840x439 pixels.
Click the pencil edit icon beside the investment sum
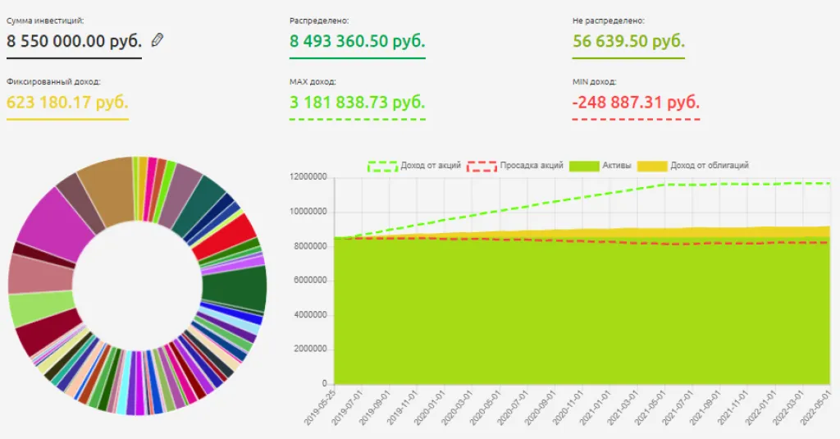coord(157,39)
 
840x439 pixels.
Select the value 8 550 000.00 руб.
coord(74,41)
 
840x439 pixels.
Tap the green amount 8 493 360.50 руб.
coord(358,41)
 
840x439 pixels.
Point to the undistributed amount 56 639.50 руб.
coord(628,41)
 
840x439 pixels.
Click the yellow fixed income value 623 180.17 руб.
coord(67,103)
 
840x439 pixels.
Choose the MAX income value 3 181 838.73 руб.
coord(358,103)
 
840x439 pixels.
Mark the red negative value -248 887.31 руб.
coord(636,103)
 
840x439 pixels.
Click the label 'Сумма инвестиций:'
coord(45,20)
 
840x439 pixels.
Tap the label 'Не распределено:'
coord(608,20)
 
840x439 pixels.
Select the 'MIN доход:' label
coord(594,82)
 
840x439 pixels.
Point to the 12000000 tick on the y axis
coord(310,177)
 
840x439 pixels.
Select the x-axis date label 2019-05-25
coord(320,407)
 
